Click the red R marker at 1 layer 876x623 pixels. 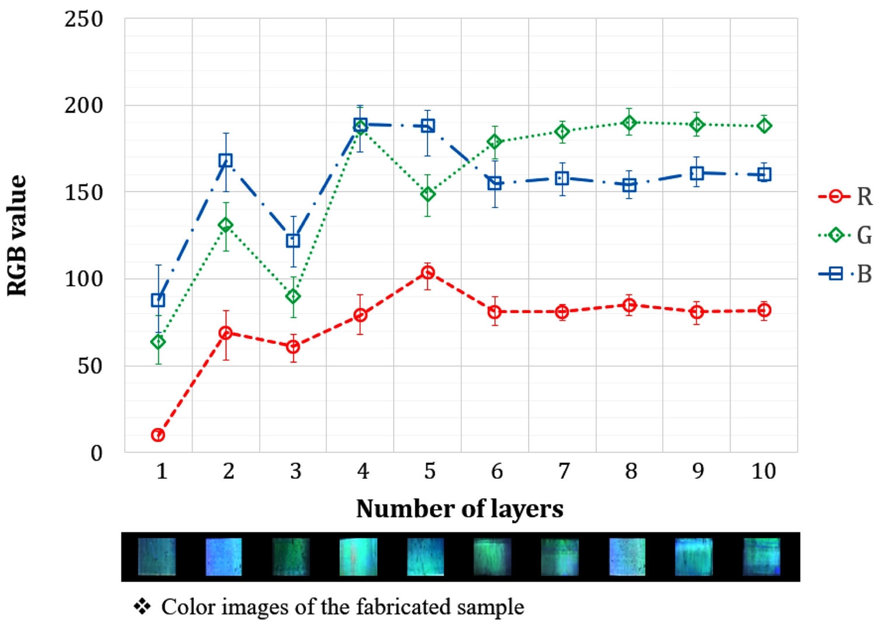pyautogui.click(x=158, y=435)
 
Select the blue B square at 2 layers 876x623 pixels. pyautogui.click(x=225, y=160)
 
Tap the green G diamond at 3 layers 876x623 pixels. pyautogui.click(x=293, y=297)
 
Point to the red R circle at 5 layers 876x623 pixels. pyautogui.click(x=428, y=272)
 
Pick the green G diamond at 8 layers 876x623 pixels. pyautogui.click(x=630, y=123)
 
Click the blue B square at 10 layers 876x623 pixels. pyautogui.click(x=764, y=174)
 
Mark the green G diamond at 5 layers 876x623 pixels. pyautogui.click(x=428, y=194)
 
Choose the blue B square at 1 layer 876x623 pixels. pyautogui.click(x=158, y=300)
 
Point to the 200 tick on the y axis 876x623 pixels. pyautogui.click(x=84, y=106)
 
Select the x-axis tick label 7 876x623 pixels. pyautogui.click(x=564, y=471)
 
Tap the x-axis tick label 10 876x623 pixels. pyautogui.click(x=764, y=471)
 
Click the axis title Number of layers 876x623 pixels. pyautogui.click(x=460, y=509)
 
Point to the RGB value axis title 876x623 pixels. pyautogui.click(x=18, y=235)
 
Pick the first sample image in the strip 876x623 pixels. pyautogui.click(x=157, y=557)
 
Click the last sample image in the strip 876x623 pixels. pyautogui.click(x=762, y=557)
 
